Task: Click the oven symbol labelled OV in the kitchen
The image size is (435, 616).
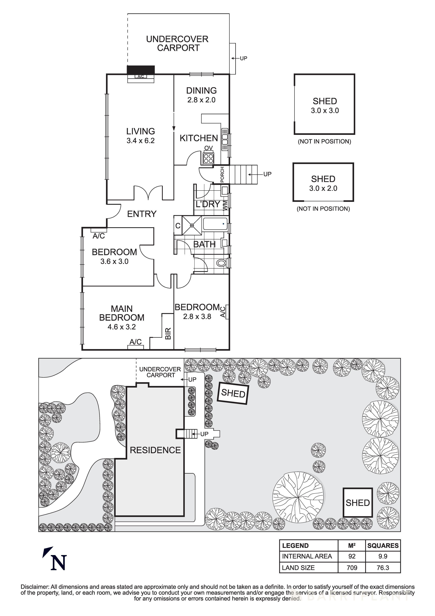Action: [x=208, y=158]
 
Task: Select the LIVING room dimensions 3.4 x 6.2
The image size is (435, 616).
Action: [x=140, y=141]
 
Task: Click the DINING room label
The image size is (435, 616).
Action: [x=201, y=91]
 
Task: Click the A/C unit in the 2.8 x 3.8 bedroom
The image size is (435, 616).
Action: [x=227, y=312]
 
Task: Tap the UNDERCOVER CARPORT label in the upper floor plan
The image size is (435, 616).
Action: [x=177, y=44]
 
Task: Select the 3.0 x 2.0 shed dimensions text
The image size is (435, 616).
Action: [x=323, y=188]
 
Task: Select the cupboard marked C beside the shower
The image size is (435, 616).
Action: [x=178, y=226]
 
